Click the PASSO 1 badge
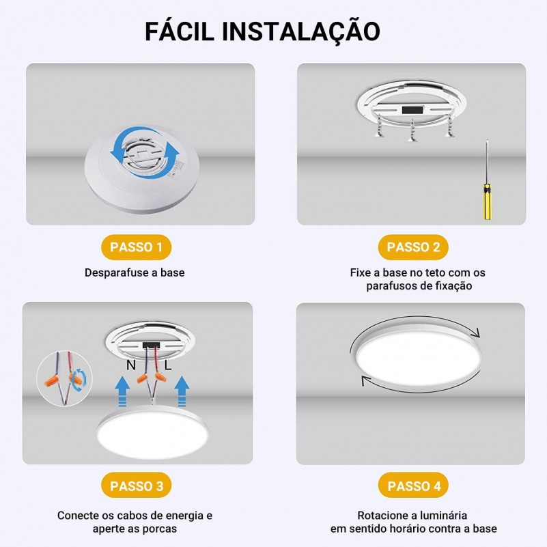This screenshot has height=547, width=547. point(136,247)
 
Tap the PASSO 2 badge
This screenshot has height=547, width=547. point(413,247)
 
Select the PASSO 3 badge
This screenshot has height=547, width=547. point(136,486)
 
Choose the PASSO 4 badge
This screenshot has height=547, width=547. point(413,486)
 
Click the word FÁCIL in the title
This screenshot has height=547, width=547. point(179,31)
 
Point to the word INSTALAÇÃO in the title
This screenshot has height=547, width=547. point(300,31)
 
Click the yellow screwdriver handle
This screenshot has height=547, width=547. point(488,201)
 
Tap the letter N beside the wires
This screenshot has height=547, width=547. point(131,365)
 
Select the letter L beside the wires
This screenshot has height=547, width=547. point(168,365)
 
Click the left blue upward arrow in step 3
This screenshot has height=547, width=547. point(122,391)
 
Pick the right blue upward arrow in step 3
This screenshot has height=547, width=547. point(182,391)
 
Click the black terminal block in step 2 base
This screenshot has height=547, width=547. point(412,110)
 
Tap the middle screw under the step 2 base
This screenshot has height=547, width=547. point(412,131)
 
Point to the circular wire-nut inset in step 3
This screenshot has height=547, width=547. point(65,378)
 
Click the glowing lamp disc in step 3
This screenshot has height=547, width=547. point(152,433)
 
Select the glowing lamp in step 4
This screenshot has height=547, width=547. point(418,359)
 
